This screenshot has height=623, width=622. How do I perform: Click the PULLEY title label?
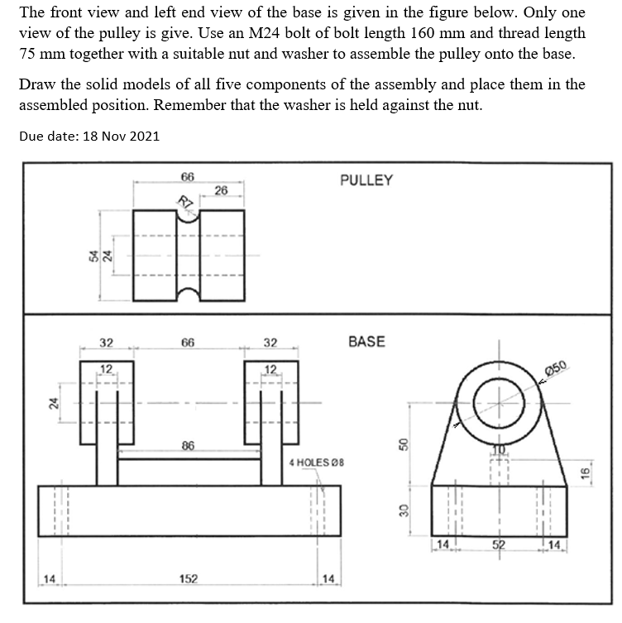pyautogui.click(x=366, y=180)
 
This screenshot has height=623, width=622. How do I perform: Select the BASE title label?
pyautogui.click(x=366, y=341)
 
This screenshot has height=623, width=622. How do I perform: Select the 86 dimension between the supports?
pyautogui.click(x=188, y=446)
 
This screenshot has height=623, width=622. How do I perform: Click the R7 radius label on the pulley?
pyautogui.click(x=186, y=201)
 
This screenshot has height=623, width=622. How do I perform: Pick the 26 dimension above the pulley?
pyautogui.click(x=220, y=191)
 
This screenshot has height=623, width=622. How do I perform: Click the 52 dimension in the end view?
pyautogui.click(x=499, y=544)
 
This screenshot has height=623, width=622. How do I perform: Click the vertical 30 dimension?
pyautogui.click(x=404, y=512)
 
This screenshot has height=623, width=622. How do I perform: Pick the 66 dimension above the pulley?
pyautogui.click(x=188, y=177)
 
